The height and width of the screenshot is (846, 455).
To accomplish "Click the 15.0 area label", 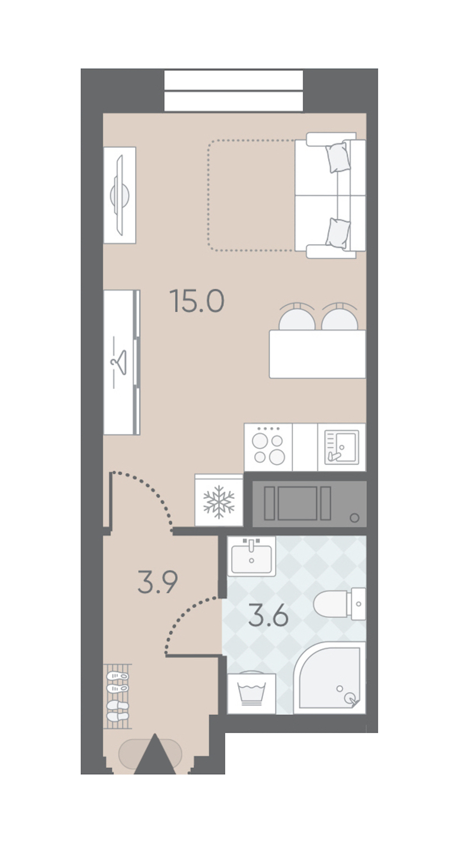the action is (x=197, y=301).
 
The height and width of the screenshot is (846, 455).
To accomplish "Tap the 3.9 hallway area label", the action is (x=158, y=582).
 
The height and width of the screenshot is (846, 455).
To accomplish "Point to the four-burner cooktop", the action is (x=268, y=447).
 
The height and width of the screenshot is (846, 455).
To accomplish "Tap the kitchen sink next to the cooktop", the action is (x=342, y=447).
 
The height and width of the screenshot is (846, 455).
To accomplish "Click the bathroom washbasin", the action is (x=251, y=556).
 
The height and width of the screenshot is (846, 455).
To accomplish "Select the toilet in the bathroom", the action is (x=339, y=603).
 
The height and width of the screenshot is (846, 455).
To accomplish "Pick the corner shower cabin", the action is (x=330, y=678).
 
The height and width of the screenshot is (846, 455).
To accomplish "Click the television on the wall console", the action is (x=120, y=195).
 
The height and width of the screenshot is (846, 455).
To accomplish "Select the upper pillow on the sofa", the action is (x=338, y=158).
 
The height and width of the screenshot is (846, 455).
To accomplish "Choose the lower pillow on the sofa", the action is (x=338, y=233).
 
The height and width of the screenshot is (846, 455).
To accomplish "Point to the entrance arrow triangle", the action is (x=155, y=756).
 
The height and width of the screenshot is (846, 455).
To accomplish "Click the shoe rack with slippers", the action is (x=117, y=696).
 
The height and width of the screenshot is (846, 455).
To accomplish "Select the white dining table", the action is (x=317, y=354).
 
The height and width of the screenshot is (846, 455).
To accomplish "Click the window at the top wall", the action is (x=234, y=90).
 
